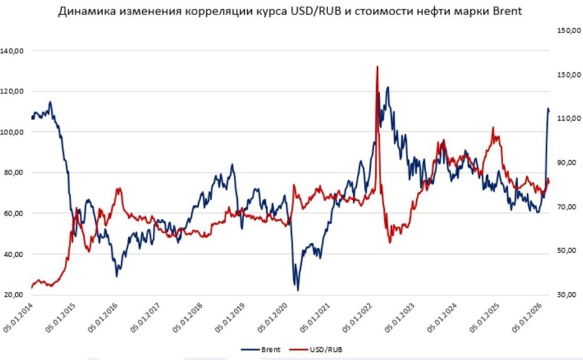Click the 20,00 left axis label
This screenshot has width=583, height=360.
(14, 295)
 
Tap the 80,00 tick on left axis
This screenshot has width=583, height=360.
(14, 173)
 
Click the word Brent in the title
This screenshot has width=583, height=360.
(500, 12)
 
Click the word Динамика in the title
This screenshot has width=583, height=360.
(84, 12)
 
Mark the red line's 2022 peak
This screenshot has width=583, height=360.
(377, 67)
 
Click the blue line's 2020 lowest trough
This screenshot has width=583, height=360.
(298, 290)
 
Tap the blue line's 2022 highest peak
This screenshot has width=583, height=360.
(388, 88)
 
